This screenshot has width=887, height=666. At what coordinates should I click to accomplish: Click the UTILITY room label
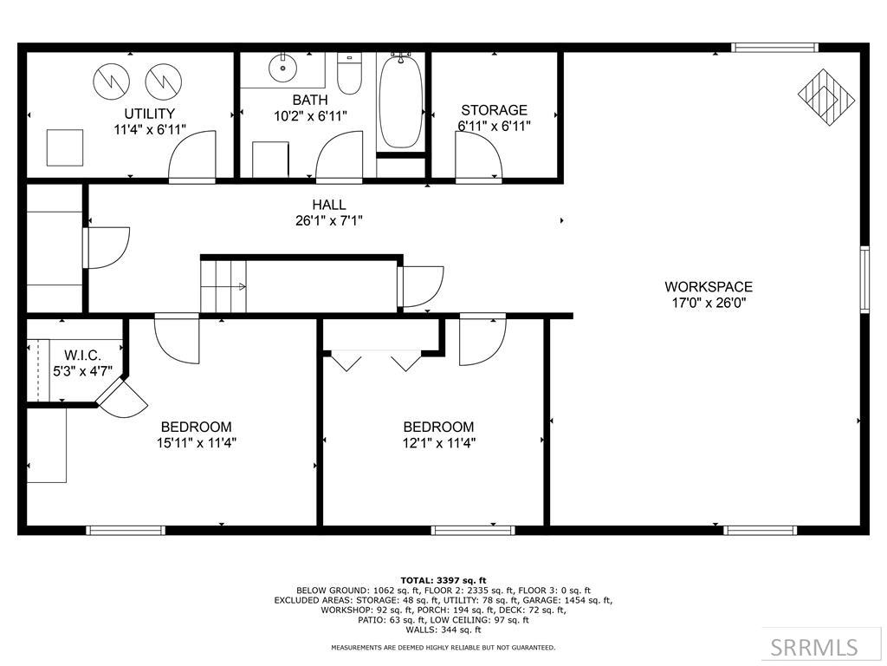(x=149, y=114)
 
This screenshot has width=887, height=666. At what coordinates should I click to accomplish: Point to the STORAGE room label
(x=494, y=110)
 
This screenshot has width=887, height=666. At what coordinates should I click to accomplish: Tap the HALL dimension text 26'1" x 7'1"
(x=329, y=220)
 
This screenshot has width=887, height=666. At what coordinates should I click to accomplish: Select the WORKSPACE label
(x=708, y=287)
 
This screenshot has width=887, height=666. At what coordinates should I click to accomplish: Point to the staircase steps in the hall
(x=223, y=287)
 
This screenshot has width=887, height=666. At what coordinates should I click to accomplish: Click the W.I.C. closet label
(x=82, y=356)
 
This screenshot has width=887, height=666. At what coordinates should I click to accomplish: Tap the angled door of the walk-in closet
(x=120, y=399)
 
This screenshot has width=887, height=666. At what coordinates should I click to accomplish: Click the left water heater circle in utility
(x=112, y=82)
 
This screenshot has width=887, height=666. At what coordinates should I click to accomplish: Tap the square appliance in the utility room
(x=65, y=147)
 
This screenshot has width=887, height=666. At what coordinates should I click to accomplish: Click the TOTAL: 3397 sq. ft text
(x=443, y=580)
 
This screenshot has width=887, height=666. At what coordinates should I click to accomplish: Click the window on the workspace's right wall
(x=864, y=279)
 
